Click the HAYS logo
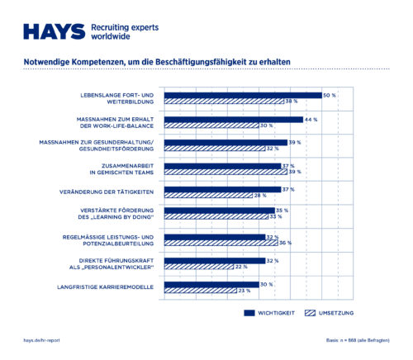point(54,31)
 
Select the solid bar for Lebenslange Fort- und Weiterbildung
point(243,95)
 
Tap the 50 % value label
point(330,95)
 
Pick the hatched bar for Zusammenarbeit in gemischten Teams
point(223,172)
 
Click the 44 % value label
point(311,120)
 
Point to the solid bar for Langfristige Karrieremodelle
point(211,284)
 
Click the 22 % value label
point(242,267)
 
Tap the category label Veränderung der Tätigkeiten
point(117,192)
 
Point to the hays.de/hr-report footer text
point(41,340)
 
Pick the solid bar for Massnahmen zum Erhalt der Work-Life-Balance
point(234,120)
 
